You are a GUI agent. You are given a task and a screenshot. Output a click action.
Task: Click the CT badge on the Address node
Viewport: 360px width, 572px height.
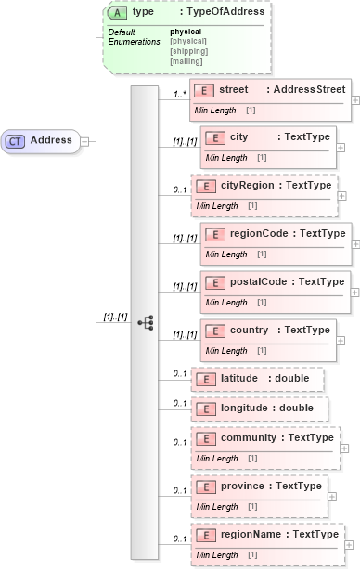pyautogui.click(x=16, y=140)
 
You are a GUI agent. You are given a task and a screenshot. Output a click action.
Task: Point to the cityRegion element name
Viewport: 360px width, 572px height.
pyautogui.click(x=248, y=186)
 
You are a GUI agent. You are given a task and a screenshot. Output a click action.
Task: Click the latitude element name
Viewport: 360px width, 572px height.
pyautogui.click(x=239, y=379)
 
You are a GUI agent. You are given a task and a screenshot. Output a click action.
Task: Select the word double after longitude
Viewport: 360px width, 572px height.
pyautogui.click(x=298, y=408)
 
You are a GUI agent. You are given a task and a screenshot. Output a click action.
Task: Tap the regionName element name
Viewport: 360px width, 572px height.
pyautogui.click(x=253, y=534)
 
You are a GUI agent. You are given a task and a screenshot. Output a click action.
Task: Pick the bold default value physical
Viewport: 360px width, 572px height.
pyautogui.click(x=185, y=32)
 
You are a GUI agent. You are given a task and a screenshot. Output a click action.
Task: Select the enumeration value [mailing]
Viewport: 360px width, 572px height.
pyautogui.click(x=186, y=61)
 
